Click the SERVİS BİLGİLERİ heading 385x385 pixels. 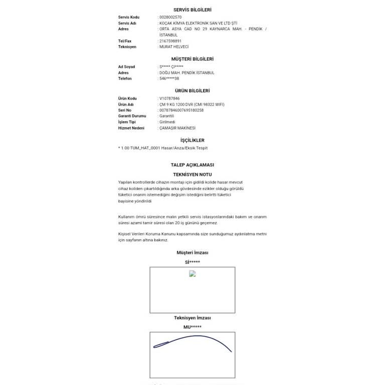(x=192, y=10)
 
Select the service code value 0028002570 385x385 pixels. (x=170, y=17)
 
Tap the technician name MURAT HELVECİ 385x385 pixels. (x=174, y=47)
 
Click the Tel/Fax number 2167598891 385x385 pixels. (x=170, y=41)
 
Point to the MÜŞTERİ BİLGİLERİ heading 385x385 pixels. (x=192, y=59)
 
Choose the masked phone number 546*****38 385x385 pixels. (x=169, y=79)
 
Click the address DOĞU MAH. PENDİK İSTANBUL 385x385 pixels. (x=186, y=73)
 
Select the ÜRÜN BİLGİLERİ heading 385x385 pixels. (x=192, y=91)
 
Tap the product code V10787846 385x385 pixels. (x=169, y=98)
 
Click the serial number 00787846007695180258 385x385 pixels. (x=181, y=110)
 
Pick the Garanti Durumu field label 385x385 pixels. (x=132, y=116)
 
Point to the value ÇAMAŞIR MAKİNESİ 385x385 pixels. (x=177, y=128)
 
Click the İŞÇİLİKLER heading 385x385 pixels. (x=192, y=140)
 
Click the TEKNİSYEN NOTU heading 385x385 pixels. (x=192, y=174)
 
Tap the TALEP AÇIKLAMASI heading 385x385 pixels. (x=192, y=165)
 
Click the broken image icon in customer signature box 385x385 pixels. (x=192, y=274)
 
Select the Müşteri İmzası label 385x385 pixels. (x=192, y=253)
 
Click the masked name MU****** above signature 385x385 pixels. (x=192, y=327)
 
